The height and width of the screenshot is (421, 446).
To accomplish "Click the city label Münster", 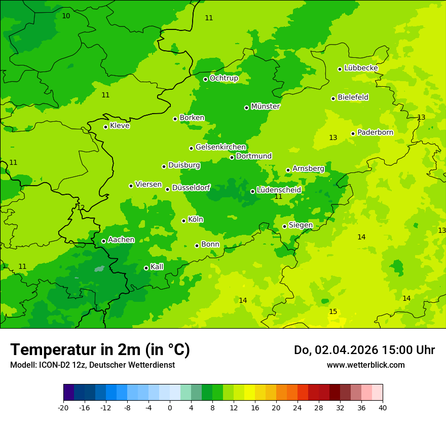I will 265,107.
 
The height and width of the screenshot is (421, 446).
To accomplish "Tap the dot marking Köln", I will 183,221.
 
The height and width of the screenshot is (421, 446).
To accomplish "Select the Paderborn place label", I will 375,132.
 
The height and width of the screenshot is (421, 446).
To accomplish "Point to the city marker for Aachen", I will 103,241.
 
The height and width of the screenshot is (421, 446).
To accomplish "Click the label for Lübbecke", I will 361,68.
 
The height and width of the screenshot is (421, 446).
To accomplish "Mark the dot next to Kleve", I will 105,127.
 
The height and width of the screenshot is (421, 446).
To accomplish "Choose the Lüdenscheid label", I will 279,190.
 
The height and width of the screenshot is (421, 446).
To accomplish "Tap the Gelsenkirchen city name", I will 220,147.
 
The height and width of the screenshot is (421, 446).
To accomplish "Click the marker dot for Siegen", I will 284,226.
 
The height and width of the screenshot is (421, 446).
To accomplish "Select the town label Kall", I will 157,267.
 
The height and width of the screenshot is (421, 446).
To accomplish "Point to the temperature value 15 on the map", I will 333,311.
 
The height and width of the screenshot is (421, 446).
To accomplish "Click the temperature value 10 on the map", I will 66,16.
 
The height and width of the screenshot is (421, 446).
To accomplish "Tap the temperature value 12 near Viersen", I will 81,207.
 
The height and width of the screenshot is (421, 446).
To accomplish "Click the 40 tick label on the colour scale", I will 383,408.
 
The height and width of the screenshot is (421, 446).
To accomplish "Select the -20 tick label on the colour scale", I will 63,408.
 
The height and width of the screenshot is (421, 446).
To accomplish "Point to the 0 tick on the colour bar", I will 170,408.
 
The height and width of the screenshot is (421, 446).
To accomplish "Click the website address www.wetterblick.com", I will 365,365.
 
